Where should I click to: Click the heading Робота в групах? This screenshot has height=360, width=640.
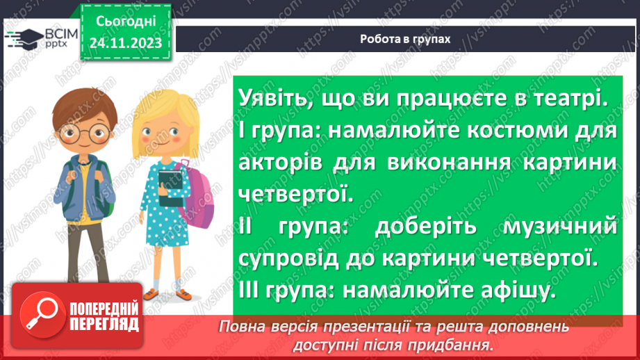(405, 40)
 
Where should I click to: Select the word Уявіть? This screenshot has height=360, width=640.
(268, 99)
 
